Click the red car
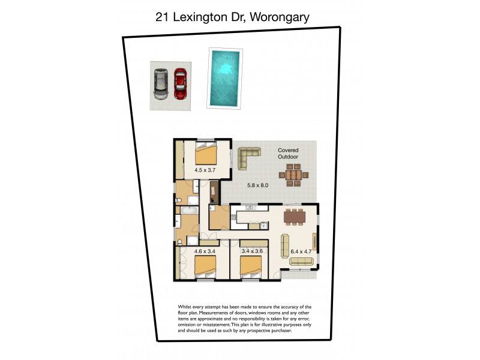click(181, 83)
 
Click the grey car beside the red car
click(160, 83)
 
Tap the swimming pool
click(224, 79)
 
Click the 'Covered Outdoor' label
click(287, 154)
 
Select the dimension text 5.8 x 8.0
click(257, 185)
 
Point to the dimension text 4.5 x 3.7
click(205, 170)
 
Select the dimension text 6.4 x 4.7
click(301, 251)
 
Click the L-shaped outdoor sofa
click(248, 157)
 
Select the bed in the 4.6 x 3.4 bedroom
click(205, 266)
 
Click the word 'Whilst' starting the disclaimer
click(187, 307)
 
